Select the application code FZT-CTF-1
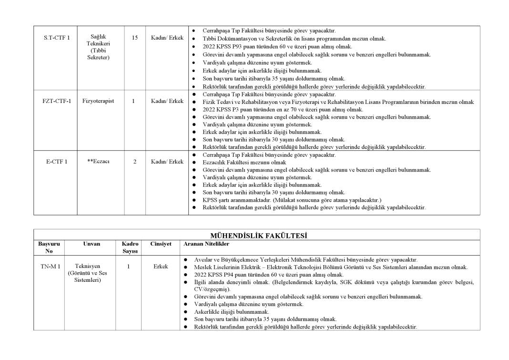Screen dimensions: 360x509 [56, 101]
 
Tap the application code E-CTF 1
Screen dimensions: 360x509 [57, 162]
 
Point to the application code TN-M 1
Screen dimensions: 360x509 [50, 267]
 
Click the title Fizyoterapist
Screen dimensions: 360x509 [98, 101]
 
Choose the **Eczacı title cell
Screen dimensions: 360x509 [98, 162]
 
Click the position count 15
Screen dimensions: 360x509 [135, 38]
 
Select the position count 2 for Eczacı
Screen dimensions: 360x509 [135, 162]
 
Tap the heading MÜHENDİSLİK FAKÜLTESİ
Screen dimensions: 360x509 [258, 236]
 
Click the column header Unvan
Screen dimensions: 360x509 [92, 244]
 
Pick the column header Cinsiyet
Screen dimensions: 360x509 [161, 244]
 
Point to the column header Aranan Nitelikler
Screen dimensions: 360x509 [206, 244]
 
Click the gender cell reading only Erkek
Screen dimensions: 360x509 [161, 267]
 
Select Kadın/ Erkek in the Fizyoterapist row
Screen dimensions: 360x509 [167, 101]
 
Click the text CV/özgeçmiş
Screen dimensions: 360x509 [211, 289]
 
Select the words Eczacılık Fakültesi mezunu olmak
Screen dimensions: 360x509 [244, 163]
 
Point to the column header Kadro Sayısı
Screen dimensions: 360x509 [130, 247]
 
